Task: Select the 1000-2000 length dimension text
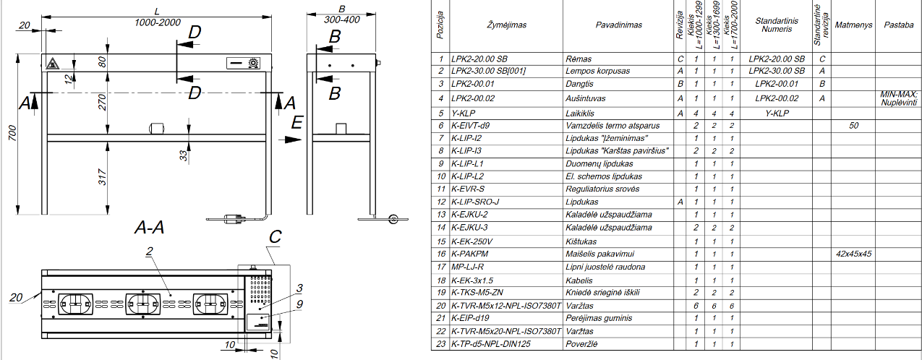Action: [157, 23]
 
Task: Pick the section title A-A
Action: [149, 228]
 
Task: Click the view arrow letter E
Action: [296, 124]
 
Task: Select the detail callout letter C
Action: [274, 236]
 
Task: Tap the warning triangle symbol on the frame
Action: [52, 64]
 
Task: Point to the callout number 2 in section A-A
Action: [148, 252]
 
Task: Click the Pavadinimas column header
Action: [618, 25]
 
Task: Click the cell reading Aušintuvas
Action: [585, 98]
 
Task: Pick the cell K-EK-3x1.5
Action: [471, 280]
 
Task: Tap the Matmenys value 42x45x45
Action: [853, 254]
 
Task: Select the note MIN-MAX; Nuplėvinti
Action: [898, 98]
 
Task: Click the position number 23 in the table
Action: [440, 344]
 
